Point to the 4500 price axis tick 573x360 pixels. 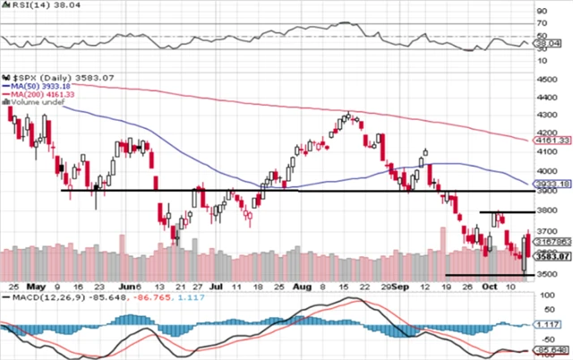click(545, 80)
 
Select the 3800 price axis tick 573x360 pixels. click(545, 210)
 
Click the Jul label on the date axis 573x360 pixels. click(217, 285)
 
